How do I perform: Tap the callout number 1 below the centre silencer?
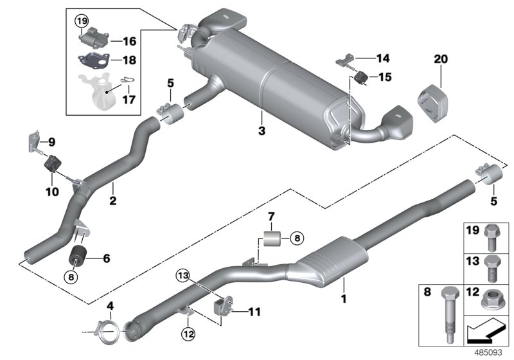343,298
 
